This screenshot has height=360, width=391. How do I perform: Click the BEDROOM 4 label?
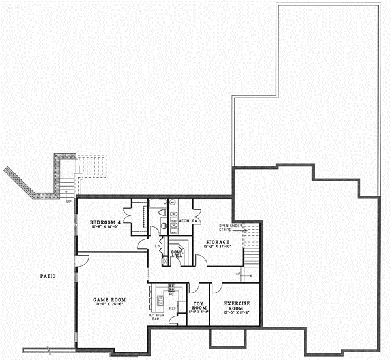105,223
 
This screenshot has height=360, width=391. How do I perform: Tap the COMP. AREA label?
177,254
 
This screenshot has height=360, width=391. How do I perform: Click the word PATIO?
47,276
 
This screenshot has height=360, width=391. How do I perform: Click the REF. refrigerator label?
173,307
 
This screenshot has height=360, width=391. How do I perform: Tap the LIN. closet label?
158,246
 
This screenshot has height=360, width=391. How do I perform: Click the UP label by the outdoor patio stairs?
68,201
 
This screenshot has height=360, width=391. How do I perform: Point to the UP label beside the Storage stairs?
238,273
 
